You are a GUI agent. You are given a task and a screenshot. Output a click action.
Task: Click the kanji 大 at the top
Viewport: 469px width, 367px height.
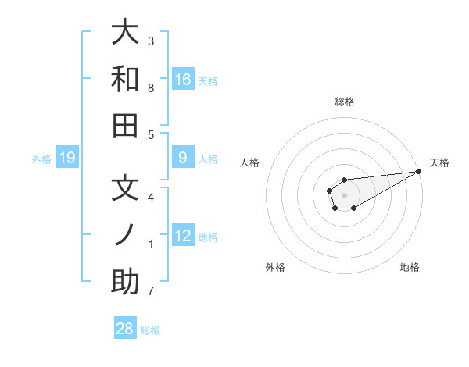126,33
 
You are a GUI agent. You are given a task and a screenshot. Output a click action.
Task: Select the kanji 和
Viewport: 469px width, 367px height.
126,79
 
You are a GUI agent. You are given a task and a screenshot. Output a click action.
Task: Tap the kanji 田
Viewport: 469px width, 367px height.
126,125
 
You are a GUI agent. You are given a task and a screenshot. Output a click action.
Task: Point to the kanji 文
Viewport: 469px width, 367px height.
126,190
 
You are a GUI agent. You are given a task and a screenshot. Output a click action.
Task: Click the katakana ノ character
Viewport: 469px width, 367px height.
126,236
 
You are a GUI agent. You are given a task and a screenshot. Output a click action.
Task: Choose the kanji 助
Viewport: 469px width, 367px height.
126,282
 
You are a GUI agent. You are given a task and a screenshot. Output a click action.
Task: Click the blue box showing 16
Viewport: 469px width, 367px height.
183,80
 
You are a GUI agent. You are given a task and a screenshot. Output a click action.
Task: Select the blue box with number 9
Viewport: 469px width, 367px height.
183,158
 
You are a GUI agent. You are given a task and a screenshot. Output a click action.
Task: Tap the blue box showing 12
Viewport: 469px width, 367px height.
183,236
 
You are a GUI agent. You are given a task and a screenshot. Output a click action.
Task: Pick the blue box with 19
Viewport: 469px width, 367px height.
67,159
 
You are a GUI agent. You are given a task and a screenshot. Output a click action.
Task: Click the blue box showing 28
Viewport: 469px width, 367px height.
125,329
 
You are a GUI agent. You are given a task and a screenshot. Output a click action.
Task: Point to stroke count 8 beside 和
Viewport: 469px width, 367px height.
151,87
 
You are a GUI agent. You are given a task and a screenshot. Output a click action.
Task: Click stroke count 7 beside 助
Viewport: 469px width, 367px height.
151,291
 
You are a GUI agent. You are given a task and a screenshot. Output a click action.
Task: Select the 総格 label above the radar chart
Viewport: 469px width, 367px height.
344,102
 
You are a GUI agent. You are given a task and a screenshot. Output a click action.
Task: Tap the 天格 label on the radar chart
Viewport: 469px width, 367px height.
439,162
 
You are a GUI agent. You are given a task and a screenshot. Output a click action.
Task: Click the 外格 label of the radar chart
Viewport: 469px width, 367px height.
275,267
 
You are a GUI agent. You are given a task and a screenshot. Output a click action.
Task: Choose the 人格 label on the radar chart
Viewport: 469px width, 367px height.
250,162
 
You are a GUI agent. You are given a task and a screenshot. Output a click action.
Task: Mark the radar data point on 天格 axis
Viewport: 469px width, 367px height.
418,171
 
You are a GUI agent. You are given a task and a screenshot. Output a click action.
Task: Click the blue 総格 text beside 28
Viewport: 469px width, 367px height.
150,330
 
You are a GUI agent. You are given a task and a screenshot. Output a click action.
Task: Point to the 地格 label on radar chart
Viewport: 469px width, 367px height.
410,267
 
